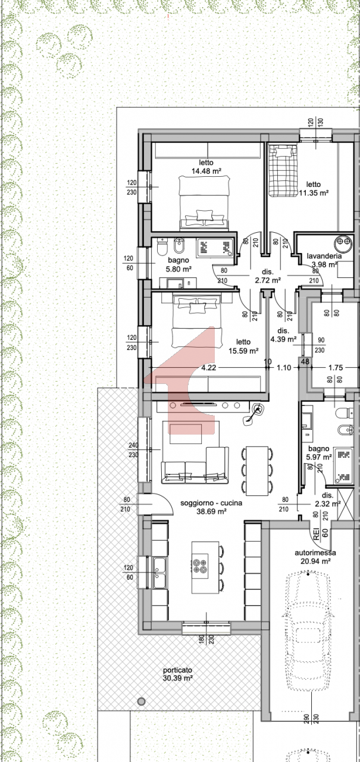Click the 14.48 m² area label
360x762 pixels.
click(206, 171)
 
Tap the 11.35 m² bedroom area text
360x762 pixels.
click(314, 193)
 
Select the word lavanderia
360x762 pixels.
click(324, 256)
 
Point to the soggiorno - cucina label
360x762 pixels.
click(211, 503)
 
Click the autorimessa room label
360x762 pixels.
click(315, 553)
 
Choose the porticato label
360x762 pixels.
click(177, 670)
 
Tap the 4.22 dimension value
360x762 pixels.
click(208, 367)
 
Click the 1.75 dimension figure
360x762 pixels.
click(336, 367)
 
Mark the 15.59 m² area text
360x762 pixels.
click(243, 351)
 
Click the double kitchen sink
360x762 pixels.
click(159, 573)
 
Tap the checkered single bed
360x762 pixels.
click(283, 170)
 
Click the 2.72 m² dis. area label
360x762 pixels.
click(268, 280)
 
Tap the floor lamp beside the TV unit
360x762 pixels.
click(253, 414)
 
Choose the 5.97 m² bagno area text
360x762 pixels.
click(319, 457)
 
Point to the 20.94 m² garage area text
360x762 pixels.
click(315, 561)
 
